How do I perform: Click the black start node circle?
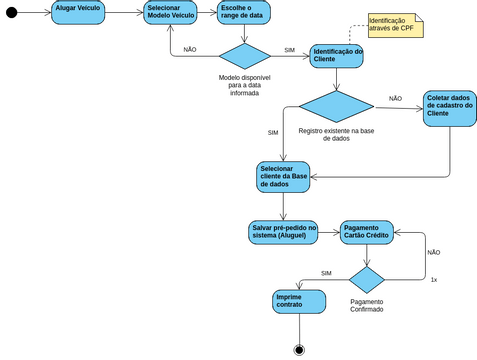12,14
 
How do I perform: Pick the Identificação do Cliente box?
336,56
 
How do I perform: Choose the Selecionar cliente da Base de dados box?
284,176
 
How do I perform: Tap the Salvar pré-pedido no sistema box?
283,233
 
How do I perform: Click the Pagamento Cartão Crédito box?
367,233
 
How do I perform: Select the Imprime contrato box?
299,300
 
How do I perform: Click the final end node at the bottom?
298,349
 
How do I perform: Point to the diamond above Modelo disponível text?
245,56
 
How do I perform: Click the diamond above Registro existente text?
336,107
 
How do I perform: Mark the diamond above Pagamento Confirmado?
366,279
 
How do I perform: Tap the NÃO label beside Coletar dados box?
395,99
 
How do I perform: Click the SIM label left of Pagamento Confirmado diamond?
326,273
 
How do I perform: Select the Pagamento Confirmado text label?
366,305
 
